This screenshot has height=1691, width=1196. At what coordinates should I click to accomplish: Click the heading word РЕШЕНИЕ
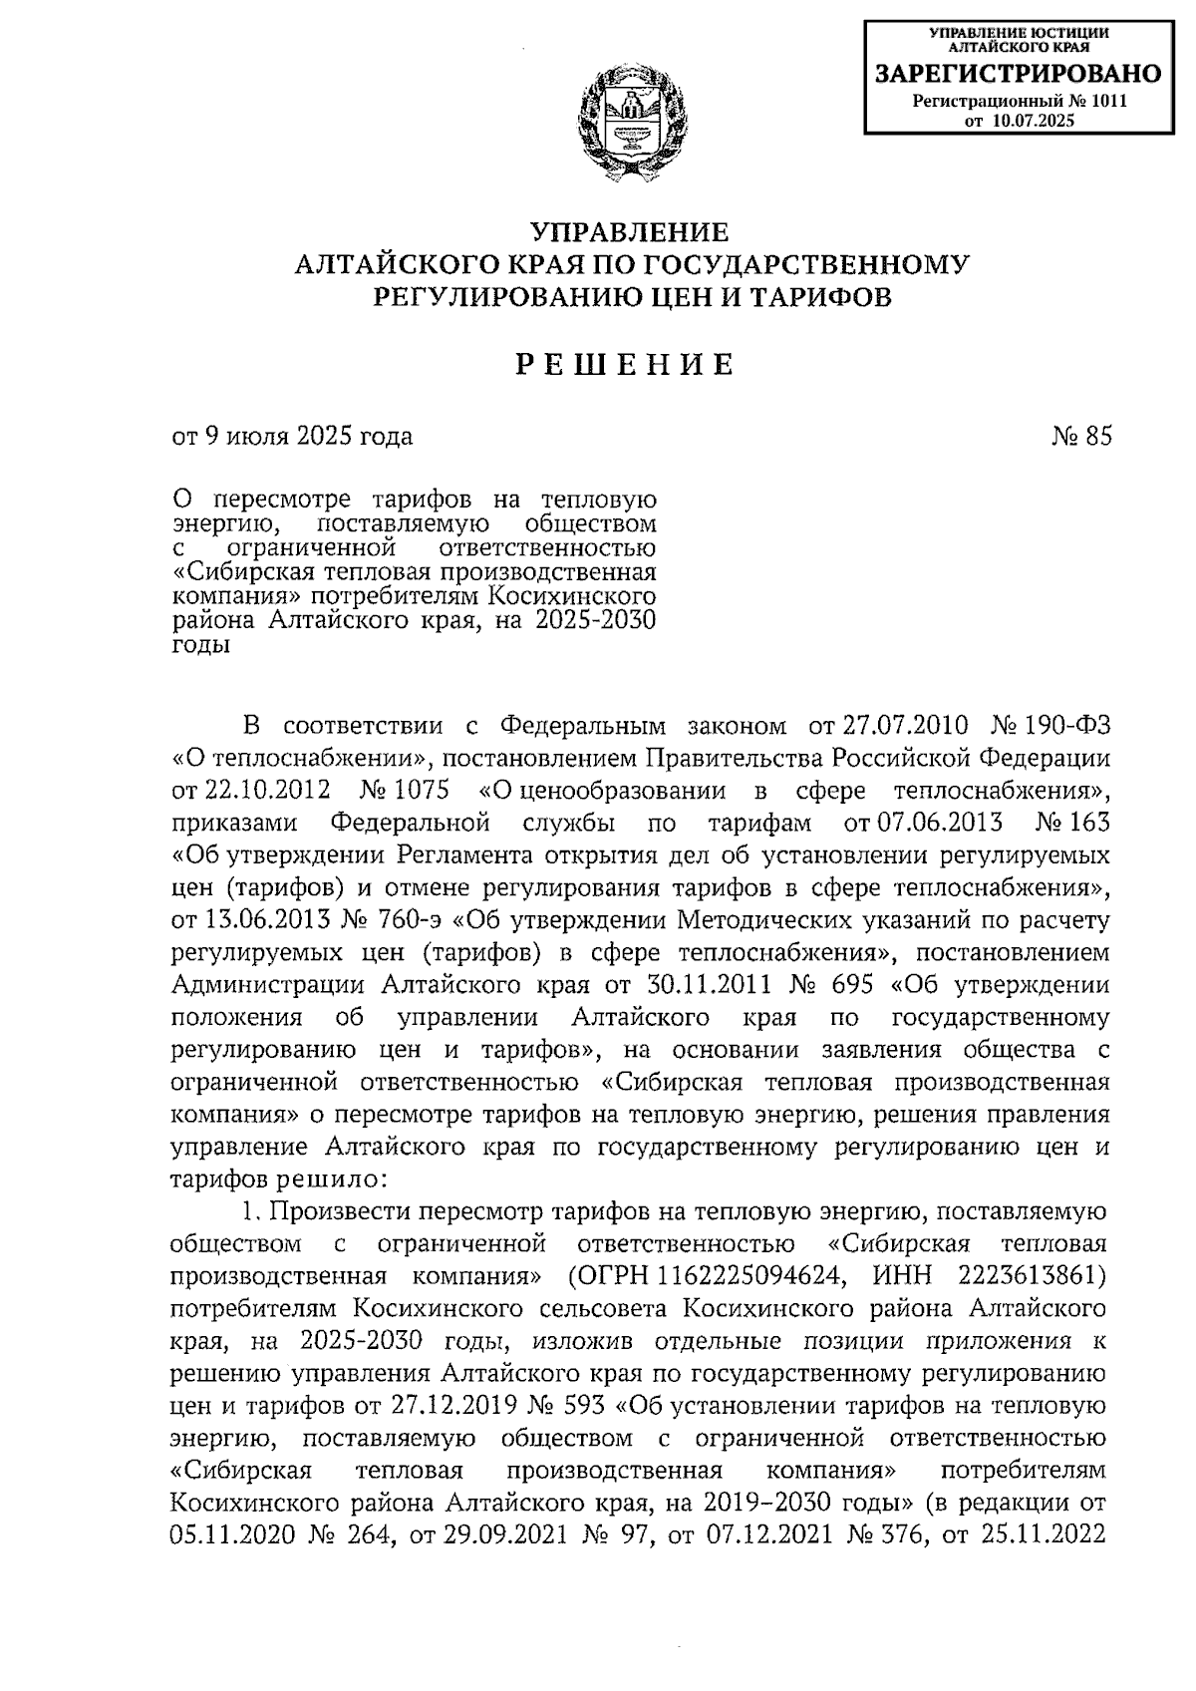(x=625, y=366)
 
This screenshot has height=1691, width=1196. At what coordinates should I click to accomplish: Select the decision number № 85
(x=1080, y=437)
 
